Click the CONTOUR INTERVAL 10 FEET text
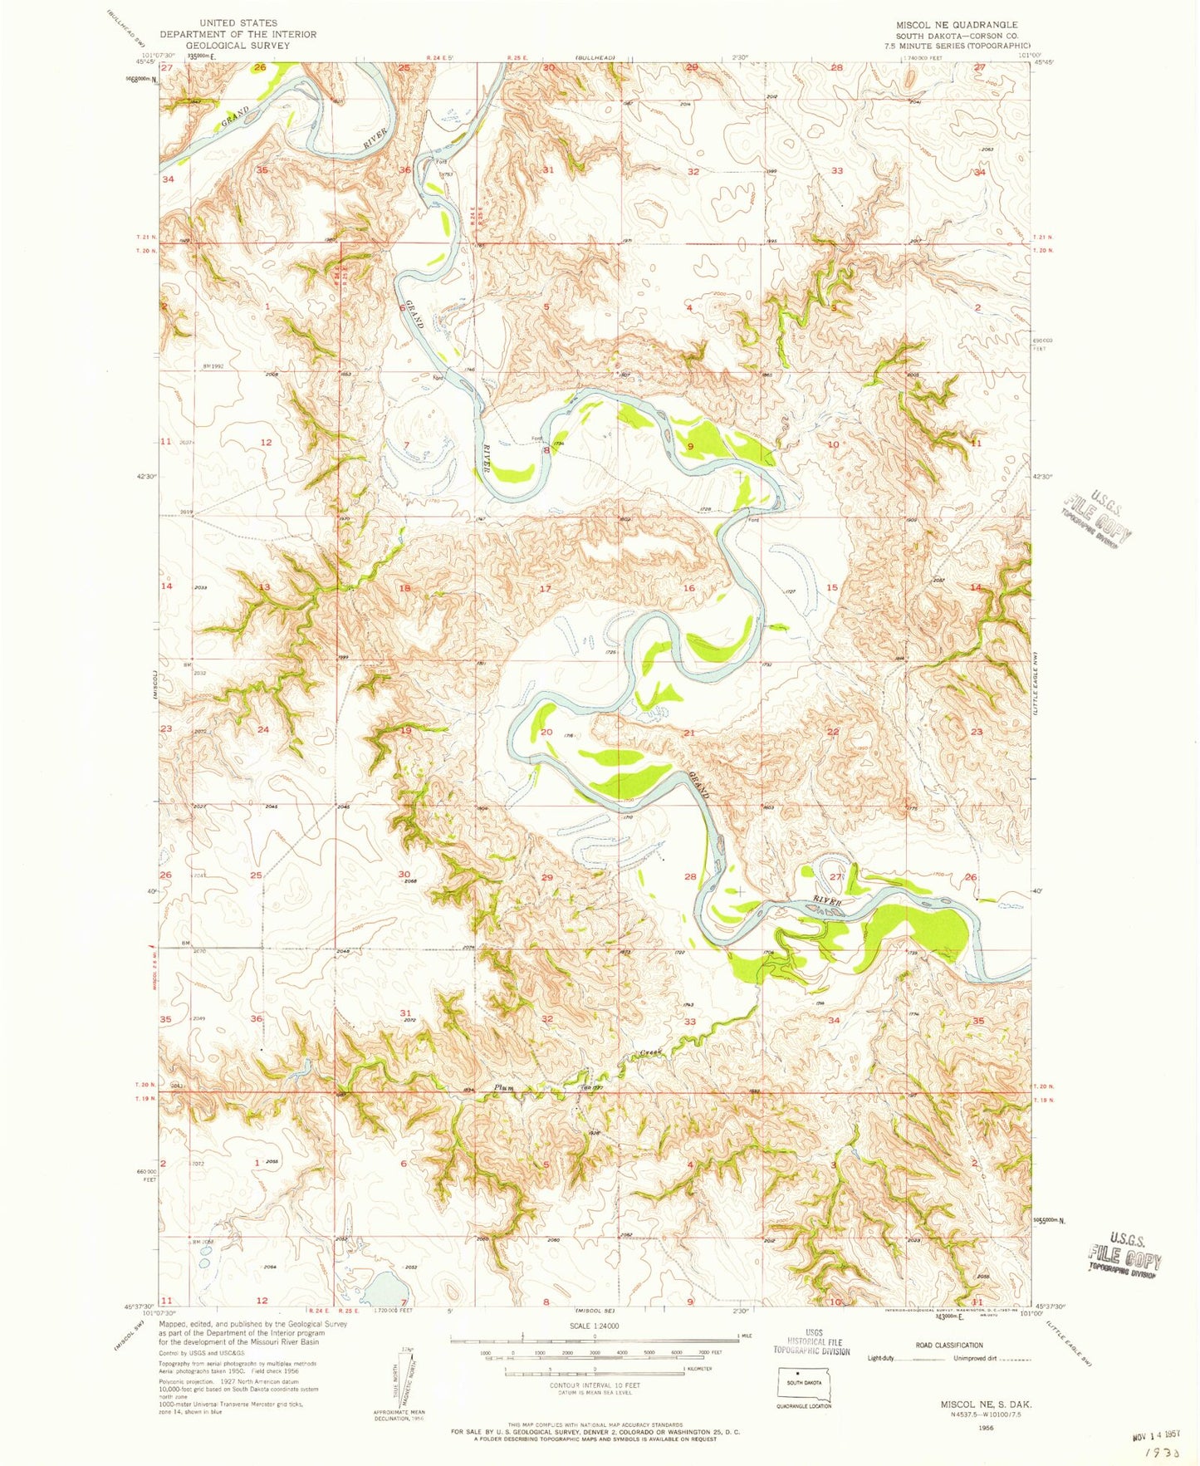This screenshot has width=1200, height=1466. pyautogui.click(x=594, y=1385)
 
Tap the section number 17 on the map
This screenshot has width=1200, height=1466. pyautogui.click(x=546, y=589)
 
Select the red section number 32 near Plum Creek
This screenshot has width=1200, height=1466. pyautogui.click(x=546, y=1019)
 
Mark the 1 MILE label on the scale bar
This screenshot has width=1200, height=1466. pyautogui.click(x=732, y=1336)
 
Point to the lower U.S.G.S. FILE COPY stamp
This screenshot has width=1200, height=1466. pyautogui.click(x=1125, y=1251)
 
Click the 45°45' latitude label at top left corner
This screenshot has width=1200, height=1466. pyautogui.click(x=145, y=61)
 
